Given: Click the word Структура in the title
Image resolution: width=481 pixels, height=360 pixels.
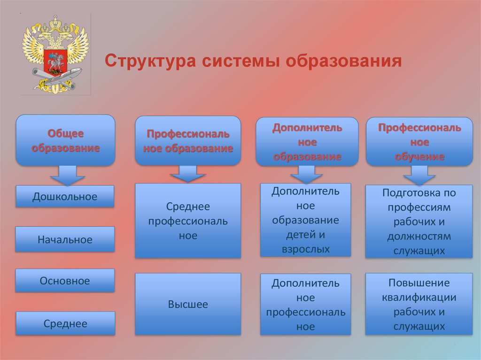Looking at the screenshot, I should coord(150,61).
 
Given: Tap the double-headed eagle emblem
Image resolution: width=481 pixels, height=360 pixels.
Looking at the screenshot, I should coord(55,54).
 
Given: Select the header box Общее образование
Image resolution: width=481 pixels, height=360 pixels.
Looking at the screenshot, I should coord(65,140).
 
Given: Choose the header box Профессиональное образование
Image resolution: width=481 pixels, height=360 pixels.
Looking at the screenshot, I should coord(188,141).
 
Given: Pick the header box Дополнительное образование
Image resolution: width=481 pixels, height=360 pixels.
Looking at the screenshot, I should coord(307,142).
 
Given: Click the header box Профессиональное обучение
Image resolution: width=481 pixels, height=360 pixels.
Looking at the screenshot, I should coord(419,142).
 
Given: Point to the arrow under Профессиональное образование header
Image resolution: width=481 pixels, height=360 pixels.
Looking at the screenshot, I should coord(187,174).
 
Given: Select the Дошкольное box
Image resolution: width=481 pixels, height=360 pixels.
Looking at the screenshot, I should coord(65,196).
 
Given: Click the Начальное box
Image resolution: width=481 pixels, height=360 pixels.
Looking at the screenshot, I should coord(65,239).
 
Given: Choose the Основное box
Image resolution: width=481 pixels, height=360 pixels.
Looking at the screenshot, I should coord(65,281).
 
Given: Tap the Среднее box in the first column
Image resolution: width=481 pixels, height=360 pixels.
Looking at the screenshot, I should coord(65,323).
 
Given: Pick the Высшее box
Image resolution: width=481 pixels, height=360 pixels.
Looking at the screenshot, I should coord(188,304).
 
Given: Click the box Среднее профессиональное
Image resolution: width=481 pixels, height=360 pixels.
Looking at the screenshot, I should coord(188,221).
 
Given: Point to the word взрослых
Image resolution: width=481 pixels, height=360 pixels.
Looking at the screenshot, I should coord(306,249).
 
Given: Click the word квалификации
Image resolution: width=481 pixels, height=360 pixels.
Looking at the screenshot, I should coord(419,297).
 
